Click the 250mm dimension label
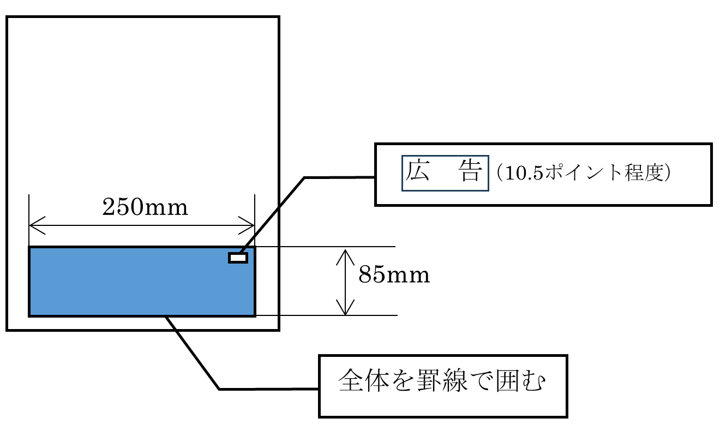point(145,208)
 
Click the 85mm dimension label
point(394,276)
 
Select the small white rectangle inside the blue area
point(238,258)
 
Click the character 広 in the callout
point(417,172)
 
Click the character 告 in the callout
point(470,172)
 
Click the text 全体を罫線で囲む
point(442,381)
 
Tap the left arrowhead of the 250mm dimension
point(32,224)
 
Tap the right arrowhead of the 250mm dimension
point(251,224)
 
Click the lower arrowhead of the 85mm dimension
point(345,311)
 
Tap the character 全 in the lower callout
point(350,381)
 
